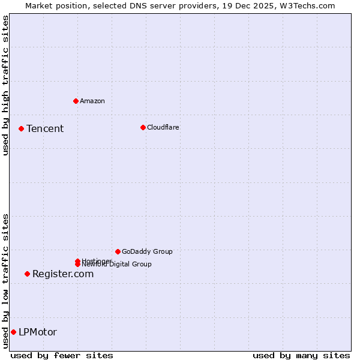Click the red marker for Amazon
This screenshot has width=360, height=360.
(76, 101)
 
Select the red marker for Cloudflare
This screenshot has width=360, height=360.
(143, 127)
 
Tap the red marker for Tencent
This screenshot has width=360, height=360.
(21, 128)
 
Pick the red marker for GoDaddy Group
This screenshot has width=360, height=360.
(118, 251)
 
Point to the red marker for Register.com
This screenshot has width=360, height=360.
(27, 274)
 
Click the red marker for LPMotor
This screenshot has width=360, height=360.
(13, 332)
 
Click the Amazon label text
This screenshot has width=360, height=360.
(92, 101)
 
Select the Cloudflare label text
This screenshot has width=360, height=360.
(163, 127)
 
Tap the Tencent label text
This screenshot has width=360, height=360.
(45, 128)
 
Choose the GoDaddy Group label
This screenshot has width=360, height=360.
(147, 251)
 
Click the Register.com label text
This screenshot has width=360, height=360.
(63, 274)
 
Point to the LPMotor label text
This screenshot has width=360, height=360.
(38, 332)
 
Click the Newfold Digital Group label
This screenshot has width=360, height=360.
(117, 265)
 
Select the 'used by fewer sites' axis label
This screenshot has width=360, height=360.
(62, 355)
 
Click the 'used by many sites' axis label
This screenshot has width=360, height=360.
(301, 355)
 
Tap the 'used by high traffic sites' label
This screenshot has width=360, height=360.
(5, 85)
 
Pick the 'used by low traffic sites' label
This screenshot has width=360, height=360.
(5, 281)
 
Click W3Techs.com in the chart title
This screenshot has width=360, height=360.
(309, 5)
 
